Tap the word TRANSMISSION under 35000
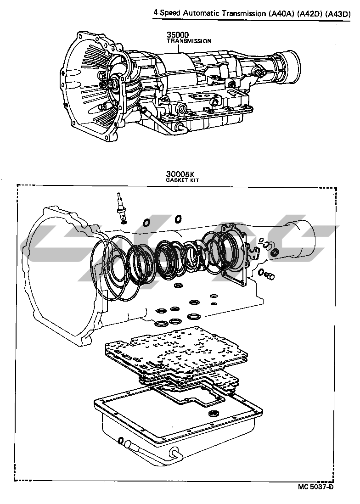point(189,41)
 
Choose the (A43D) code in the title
point(339,14)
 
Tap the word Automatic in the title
point(200,14)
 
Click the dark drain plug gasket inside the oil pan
point(213,414)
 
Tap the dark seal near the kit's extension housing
point(275,253)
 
